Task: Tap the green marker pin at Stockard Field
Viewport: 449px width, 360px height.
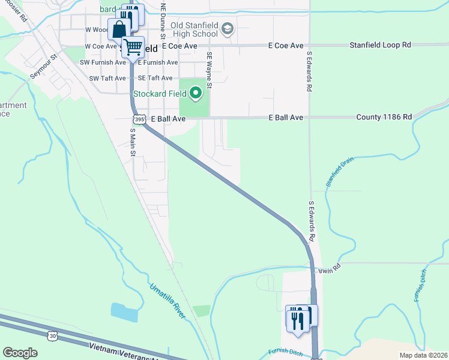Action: (196, 93)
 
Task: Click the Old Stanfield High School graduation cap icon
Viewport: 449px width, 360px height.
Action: (228, 28)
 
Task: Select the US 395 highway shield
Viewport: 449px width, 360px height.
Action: (139, 119)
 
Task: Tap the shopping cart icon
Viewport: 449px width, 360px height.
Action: (133, 46)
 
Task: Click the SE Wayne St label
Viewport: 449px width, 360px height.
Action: (209, 70)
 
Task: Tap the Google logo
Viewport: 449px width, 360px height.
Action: (20, 353)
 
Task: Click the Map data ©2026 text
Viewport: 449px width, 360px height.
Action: (423, 355)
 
